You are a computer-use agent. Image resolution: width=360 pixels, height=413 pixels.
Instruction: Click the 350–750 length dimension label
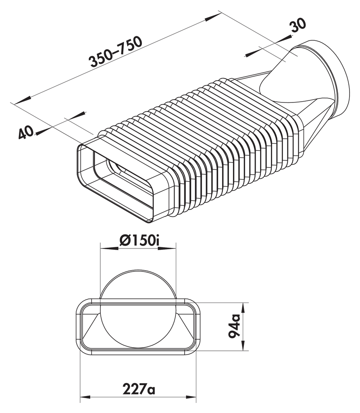click(116, 52)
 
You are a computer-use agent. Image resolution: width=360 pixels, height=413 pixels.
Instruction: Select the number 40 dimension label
click(25, 132)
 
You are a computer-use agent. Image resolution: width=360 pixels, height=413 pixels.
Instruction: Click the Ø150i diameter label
click(138, 241)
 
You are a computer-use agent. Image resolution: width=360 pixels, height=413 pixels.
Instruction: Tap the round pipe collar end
click(337, 77)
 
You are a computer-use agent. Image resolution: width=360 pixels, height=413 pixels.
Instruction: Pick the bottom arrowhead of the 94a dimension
click(243, 346)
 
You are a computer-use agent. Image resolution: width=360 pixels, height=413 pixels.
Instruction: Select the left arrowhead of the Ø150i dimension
click(106, 248)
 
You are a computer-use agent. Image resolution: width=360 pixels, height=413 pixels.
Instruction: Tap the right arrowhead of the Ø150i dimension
click(171, 248)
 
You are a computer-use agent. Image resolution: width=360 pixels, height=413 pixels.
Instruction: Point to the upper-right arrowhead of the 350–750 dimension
click(214, 16)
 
